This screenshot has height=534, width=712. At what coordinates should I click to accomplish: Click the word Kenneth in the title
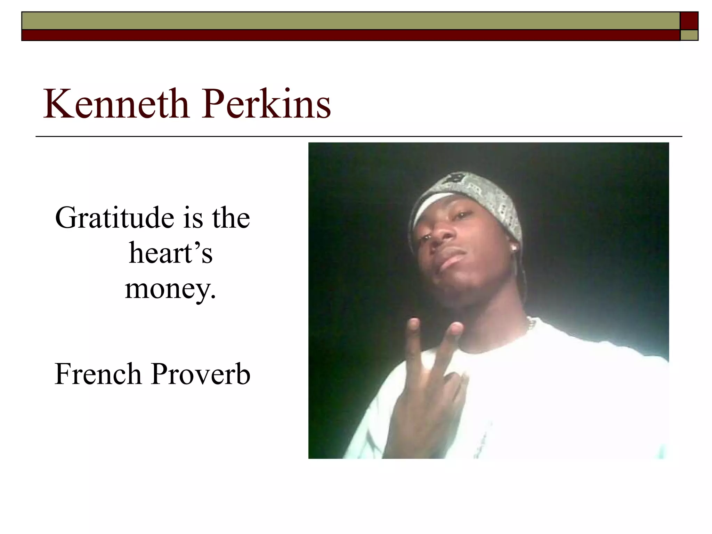tap(116, 104)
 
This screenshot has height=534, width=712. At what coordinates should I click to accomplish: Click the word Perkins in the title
tap(267, 104)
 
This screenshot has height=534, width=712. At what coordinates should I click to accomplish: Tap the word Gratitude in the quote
tap(114, 218)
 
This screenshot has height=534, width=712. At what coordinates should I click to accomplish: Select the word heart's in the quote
tap(171, 253)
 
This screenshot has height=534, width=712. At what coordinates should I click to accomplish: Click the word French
tap(98, 374)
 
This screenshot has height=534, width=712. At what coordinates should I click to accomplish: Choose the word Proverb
tap(201, 374)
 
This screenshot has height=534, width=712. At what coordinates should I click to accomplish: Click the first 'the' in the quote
tap(231, 218)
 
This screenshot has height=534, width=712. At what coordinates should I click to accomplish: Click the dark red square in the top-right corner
tap(689, 21)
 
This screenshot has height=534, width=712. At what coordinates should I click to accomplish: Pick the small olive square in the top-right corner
tap(689, 35)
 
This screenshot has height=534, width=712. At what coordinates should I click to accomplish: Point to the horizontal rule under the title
tap(358, 136)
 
